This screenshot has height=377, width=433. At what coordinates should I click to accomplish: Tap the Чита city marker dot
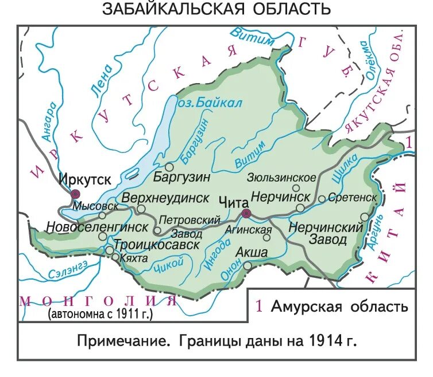pyautogui.click(x=246, y=214)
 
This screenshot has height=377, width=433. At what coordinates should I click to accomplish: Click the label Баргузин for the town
pyautogui.click(x=181, y=177)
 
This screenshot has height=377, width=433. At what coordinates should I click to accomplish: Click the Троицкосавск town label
pyautogui.click(x=157, y=245)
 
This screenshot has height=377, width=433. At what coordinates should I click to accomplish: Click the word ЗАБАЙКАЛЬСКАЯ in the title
pyautogui.click(x=158, y=9)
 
